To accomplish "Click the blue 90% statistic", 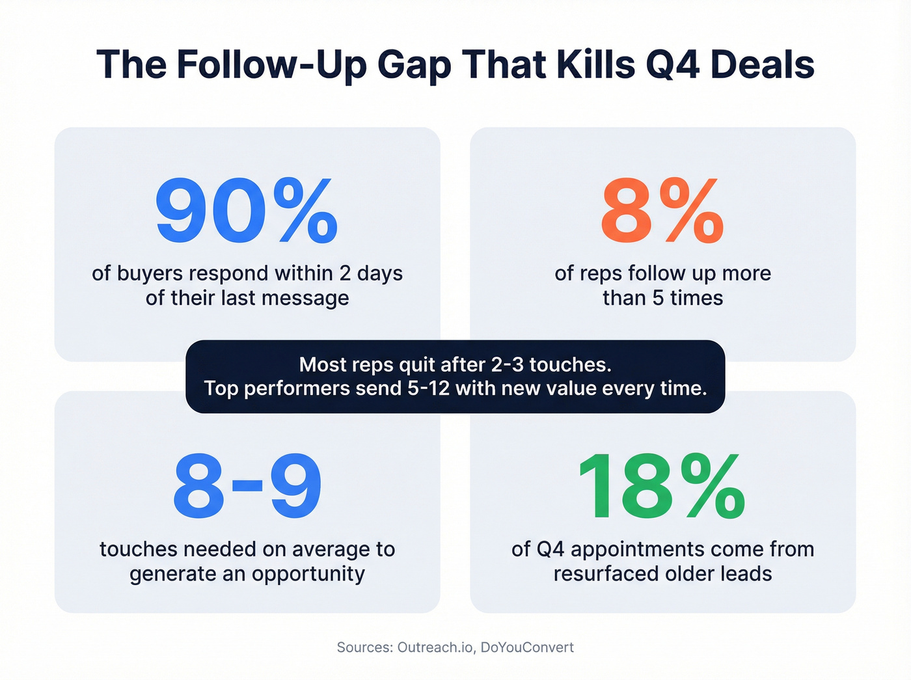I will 247,211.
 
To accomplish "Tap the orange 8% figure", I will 662,211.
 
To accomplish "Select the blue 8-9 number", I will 247,487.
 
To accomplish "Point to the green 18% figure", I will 662,487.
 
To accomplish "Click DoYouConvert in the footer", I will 527,647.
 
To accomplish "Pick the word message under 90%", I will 306,298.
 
